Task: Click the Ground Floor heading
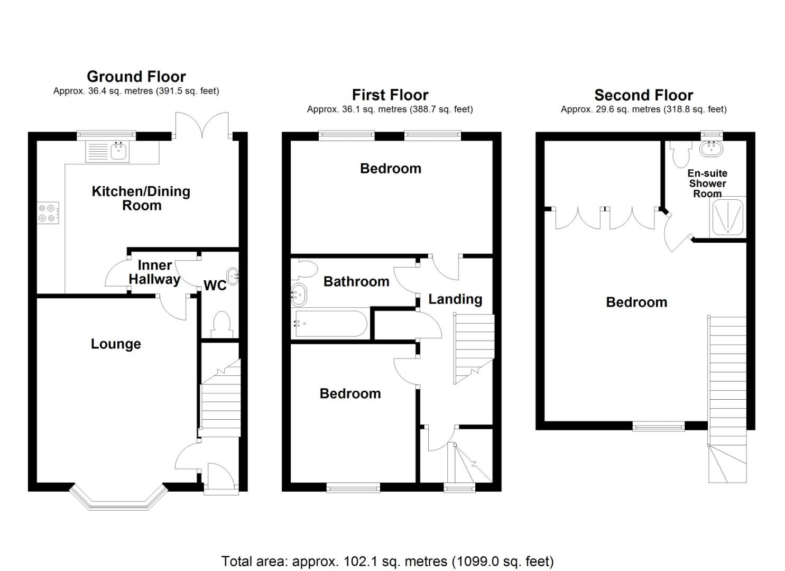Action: pos(136,77)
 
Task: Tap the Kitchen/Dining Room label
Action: pos(141,198)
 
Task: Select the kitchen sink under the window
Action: pos(119,152)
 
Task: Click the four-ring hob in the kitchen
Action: pos(47,213)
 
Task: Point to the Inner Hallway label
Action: pos(154,272)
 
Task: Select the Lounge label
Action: pos(116,344)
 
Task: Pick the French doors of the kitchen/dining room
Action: pos(202,127)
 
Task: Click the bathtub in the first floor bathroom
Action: pos(330,324)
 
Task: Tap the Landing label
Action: pos(455,299)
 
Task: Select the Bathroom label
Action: pos(356,282)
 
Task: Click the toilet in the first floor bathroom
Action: pos(306,269)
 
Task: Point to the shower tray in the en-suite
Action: pos(727,217)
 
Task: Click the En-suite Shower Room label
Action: pos(707,183)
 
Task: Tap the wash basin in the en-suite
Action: pos(712,149)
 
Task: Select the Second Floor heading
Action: pos(643,95)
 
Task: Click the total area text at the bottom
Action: pos(387,561)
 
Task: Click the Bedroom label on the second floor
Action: pos(636,302)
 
